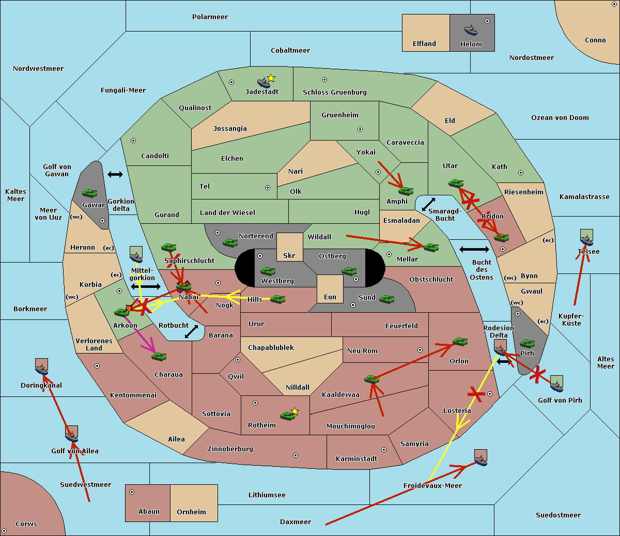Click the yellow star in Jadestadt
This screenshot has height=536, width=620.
pos(271,78)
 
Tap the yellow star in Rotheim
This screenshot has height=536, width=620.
pos(295,411)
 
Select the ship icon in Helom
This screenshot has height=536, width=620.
pos(471,29)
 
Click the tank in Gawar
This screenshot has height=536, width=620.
pos(90,193)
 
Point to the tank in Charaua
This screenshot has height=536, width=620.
pos(159,356)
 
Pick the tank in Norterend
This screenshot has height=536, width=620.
pos(230,242)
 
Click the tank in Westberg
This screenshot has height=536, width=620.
pos(268,271)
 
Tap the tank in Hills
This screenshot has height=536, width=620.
pos(278,299)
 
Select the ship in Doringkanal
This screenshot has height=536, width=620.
pos(42,369)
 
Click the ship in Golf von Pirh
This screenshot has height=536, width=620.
pos(556,384)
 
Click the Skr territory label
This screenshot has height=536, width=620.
pos(289,255)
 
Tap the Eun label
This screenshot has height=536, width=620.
pos(330,297)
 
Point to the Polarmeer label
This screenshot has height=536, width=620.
pos(210,17)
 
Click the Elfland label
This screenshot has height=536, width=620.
pos(424,44)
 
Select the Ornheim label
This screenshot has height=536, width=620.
pos(191,512)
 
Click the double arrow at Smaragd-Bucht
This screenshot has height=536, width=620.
pos(428,204)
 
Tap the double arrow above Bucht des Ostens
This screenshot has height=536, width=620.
pos(474,250)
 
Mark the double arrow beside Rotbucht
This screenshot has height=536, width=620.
pos(191,331)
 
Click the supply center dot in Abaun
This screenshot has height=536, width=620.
pos(132,492)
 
